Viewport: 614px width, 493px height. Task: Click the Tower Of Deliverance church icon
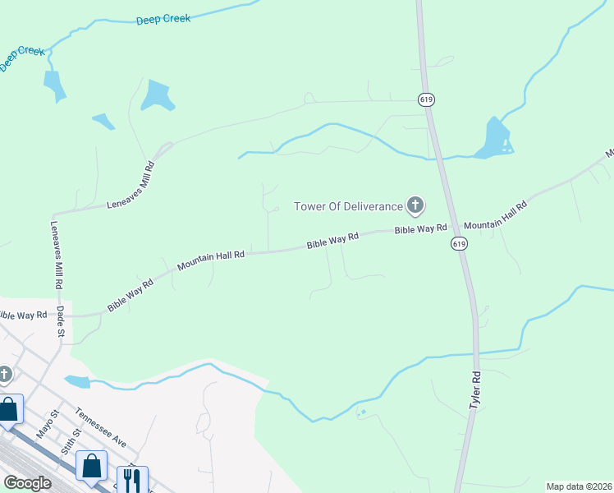pos(415,205)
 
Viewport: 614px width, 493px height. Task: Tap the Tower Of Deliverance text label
pos(349,206)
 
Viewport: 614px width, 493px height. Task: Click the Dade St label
pos(60,322)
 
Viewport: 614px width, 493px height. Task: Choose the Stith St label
pos(71,442)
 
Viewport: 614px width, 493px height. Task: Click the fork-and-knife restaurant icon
pos(132,480)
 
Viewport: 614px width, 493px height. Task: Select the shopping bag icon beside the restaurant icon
pos(91,466)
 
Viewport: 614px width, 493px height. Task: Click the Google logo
pos(27,483)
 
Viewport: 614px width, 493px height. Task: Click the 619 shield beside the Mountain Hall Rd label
pos(459,244)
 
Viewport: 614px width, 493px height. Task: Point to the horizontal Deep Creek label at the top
pos(163,18)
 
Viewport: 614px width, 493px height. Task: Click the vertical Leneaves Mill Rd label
pos(57,255)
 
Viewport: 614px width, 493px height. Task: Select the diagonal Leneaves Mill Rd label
pos(131,187)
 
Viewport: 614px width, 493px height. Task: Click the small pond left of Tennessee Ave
pos(76,381)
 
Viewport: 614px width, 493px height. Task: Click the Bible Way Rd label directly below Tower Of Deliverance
pos(420,229)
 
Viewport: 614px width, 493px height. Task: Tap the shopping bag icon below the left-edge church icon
pos(9,409)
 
